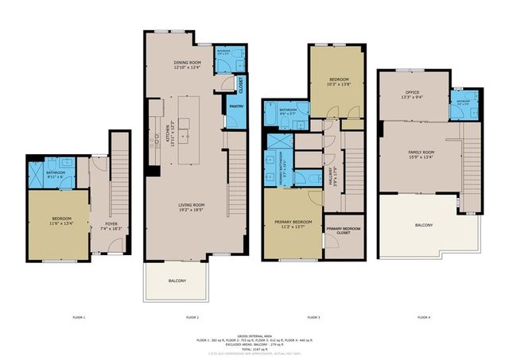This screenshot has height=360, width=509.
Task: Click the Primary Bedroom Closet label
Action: tap(342, 231)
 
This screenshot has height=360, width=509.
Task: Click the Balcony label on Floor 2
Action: tap(177, 281)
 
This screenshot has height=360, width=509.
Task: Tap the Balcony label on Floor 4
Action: tap(423, 226)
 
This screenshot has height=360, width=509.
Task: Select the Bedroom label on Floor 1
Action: tap(62, 221)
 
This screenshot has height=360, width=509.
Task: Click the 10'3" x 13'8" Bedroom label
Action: tap(335, 83)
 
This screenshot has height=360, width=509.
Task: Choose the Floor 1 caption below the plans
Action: tap(78, 317)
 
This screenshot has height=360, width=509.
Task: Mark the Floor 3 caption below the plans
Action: tap(313, 317)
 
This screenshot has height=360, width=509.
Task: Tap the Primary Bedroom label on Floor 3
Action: tap(290, 224)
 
